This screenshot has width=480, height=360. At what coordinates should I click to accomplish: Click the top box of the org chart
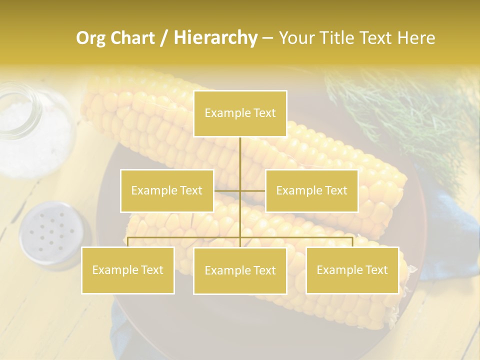pyautogui.click(x=240, y=113)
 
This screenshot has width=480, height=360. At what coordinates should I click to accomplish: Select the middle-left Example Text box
pyautogui.click(x=167, y=190)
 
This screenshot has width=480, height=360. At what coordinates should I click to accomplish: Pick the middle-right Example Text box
pyautogui.click(x=311, y=190)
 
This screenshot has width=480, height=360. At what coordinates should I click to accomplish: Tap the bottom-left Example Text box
pyautogui.click(x=128, y=270)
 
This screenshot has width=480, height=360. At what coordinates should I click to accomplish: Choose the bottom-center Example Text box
pyautogui.click(x=240, y=270)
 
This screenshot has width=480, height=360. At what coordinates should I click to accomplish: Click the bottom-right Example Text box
pyautogui.click(x=352, y=270)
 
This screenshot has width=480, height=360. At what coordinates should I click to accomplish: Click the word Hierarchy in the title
pyautogui.click(x=215, y=38)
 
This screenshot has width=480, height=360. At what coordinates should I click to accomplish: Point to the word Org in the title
pyautogui.click(x=90, y=38)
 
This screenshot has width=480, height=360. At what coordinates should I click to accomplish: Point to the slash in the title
pyautogui.click(x=164, y=38)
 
